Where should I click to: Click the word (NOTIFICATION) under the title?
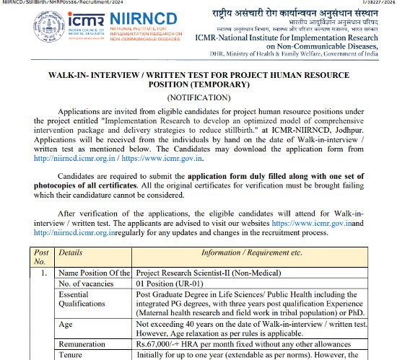198,97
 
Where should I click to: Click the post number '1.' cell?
44,273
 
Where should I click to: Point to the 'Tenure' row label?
71,356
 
